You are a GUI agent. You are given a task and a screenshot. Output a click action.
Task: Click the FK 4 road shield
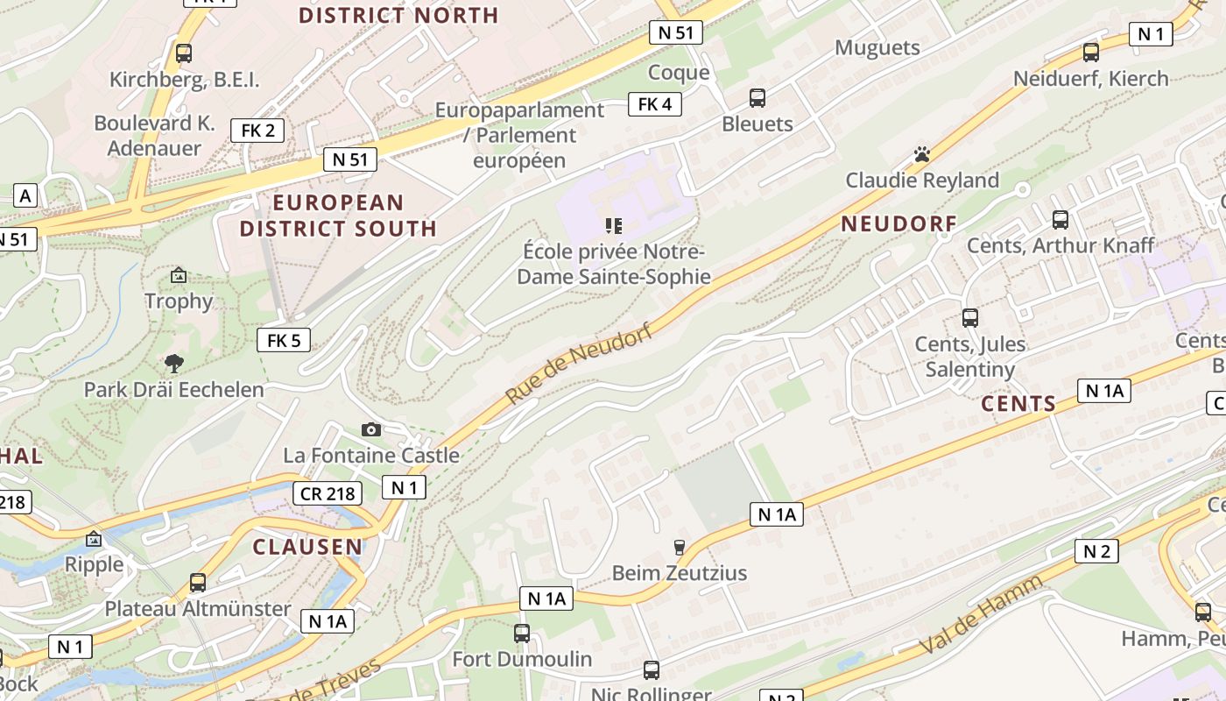pos(655,104)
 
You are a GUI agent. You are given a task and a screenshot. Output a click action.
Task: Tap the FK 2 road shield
pos(257,131)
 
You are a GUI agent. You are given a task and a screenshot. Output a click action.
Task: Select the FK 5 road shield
pos(284,340)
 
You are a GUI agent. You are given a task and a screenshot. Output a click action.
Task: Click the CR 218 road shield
pos(328,493)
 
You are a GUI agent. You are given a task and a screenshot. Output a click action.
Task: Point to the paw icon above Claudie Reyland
pos(921,154)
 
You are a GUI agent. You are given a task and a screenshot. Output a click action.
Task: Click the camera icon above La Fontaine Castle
pos(370,429)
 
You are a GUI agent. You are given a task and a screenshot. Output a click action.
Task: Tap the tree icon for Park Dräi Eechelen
pos(174,363)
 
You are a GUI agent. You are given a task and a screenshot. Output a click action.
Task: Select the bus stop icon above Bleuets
pos(757,98)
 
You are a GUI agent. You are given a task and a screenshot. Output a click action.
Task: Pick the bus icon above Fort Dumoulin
pos(522,633)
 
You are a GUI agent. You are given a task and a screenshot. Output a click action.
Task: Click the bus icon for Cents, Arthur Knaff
pos(1060,219)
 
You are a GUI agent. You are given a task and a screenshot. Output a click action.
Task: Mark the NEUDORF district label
pos(899,223)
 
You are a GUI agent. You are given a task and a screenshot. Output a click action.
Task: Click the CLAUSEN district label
pos(307,547)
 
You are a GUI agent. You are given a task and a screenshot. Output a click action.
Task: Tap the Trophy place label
pos(179,301)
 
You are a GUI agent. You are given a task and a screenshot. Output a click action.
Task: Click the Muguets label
pos(877,47)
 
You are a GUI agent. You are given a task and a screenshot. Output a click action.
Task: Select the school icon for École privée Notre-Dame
pos(613,226)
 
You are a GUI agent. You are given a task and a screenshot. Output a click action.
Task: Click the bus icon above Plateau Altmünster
pos(198,582)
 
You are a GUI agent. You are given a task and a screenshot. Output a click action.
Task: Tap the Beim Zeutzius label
pos(680,573)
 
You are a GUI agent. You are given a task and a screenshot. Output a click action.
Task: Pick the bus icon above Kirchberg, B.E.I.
pos(184,53)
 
